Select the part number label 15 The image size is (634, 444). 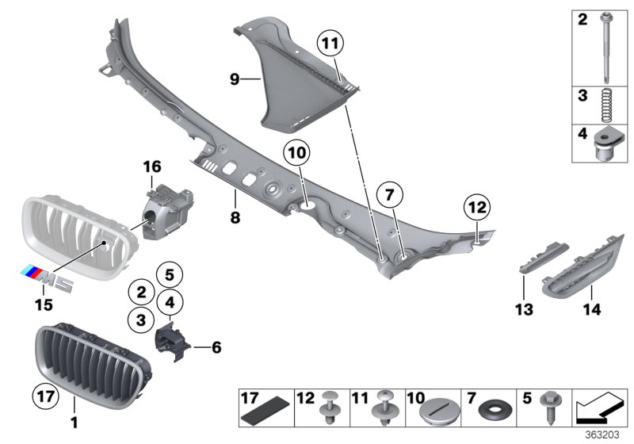click(43, 304)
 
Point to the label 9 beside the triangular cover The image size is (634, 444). click(234, 79)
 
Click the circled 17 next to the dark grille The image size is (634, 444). click(44, 395)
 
